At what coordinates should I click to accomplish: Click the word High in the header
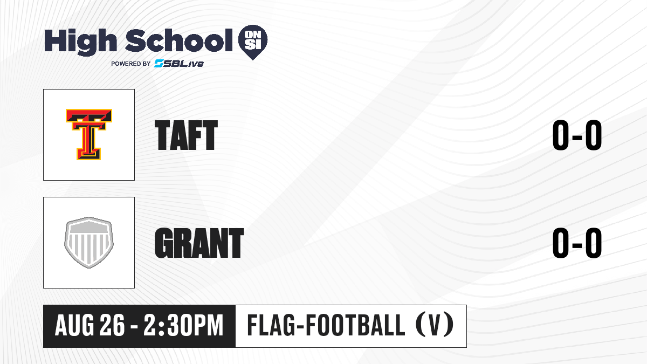(81, 42)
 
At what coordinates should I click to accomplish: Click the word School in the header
(179, 40)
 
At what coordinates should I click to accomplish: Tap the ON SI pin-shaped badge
(253, 42)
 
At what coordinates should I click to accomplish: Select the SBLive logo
(179, 64)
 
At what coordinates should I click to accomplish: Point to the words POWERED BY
(131, 64)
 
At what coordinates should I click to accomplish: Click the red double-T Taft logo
(88, 134)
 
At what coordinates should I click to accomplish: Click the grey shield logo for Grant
(88, 243)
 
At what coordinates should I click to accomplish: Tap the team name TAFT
(186, 135)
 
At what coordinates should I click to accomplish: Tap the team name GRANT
(199, 243)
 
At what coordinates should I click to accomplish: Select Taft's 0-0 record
(577, 135)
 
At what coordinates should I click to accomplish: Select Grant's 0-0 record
(577, 243)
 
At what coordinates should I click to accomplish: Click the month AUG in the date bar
(74, 325)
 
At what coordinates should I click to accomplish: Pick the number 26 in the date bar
(112, 325)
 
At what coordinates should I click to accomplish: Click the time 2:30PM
(184, 325)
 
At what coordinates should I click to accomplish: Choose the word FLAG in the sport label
(271, 325)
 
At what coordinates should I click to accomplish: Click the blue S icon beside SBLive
(159, 64)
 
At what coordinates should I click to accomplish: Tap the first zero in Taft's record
(561, 135)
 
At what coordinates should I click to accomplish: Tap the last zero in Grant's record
(594, 243)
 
